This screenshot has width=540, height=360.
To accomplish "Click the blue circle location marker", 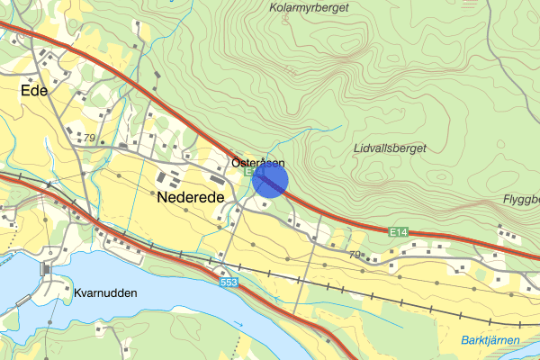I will click(x=270, y=180).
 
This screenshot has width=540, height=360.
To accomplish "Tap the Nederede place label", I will click(x=190, y=196).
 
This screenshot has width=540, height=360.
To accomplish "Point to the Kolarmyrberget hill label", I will click(x=309, y=8).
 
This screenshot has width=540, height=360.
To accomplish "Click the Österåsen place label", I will click(x=257, y=163).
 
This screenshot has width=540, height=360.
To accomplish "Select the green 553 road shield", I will click(x=229, y=283).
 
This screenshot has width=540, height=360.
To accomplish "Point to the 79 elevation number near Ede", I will click(x=87, y=137).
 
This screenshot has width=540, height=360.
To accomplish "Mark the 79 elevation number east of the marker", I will click(x=355, y=255).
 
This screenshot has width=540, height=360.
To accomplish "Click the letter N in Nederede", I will click(x=163, y=196).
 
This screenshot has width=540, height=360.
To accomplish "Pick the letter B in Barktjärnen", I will click(x=464, y=339).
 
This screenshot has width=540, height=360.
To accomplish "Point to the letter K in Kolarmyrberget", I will click(x=273, y=8).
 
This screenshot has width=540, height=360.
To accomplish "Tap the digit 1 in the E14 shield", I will click(x=400, y=232).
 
